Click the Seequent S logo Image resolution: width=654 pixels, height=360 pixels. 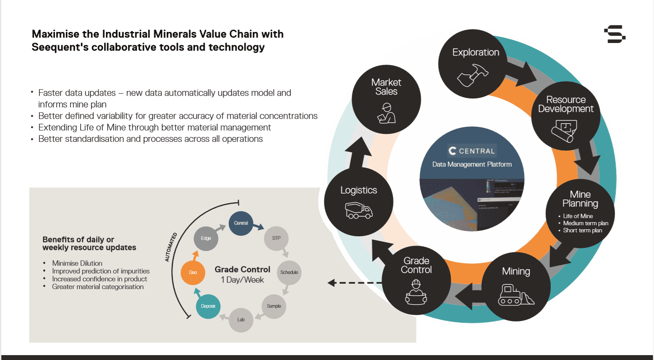point(615,34)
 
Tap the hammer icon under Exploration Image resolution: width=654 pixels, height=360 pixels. point(472,76)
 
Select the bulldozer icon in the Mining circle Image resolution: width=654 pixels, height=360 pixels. point(516,295)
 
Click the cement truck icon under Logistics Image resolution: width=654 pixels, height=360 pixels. point(359,210)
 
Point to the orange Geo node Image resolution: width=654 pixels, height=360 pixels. point(193,272)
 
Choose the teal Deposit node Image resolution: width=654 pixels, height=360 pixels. point(208,306)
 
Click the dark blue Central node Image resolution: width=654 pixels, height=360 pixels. point(241,223)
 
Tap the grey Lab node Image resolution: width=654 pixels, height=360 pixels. point(241,320)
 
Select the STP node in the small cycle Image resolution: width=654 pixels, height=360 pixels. point(276,238)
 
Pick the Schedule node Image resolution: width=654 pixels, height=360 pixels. point(289,272)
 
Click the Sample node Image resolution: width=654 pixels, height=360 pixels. point(274,306)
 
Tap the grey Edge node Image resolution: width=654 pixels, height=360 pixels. point(206,238)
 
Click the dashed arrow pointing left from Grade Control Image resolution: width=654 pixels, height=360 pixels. point(355,282)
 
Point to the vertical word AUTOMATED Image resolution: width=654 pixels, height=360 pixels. point(171,247)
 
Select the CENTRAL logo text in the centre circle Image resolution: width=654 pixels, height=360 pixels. point(472,151)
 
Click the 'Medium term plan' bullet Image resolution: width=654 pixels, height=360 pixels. point(584,223)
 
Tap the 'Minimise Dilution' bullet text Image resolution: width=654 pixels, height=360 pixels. point(77,263)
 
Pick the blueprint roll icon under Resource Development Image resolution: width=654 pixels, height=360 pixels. point(564,131)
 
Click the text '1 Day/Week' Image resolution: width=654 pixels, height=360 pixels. point(242,280)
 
